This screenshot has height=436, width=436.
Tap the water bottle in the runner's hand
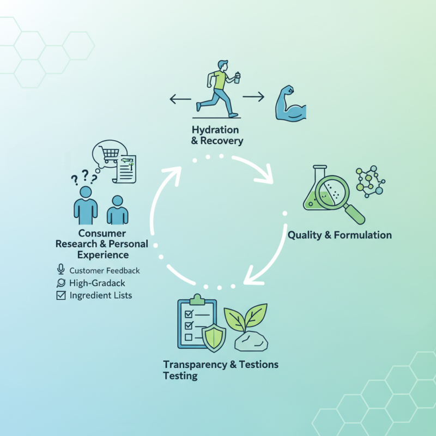(x=237, y=77)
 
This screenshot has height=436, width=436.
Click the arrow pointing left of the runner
(x=180, y=99)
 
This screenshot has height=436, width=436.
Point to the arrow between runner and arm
(x=253, y=97)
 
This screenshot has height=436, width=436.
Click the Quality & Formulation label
(x=340, y=235)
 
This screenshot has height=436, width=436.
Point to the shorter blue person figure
(x=117, y=210)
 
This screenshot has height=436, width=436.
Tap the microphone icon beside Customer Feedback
(x=61, y=270)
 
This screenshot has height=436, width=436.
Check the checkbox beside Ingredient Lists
(x=61, y=295)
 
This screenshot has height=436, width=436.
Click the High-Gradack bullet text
(x=97, y=283)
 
